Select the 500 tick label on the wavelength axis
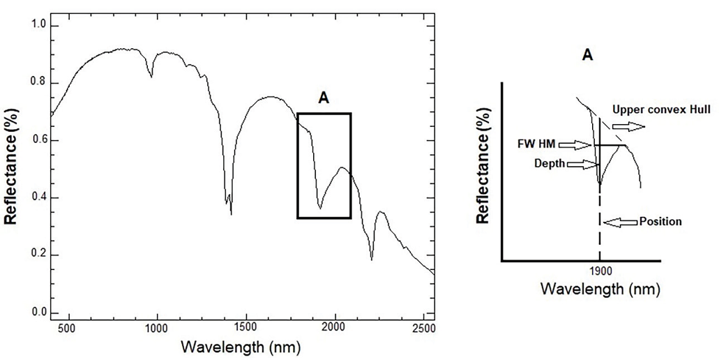click(68, 327)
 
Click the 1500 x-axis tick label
click(246, 327)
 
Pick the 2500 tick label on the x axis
click(425, 327)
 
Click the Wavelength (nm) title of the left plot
click(241, 347)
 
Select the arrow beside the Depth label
click(582, 164)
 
